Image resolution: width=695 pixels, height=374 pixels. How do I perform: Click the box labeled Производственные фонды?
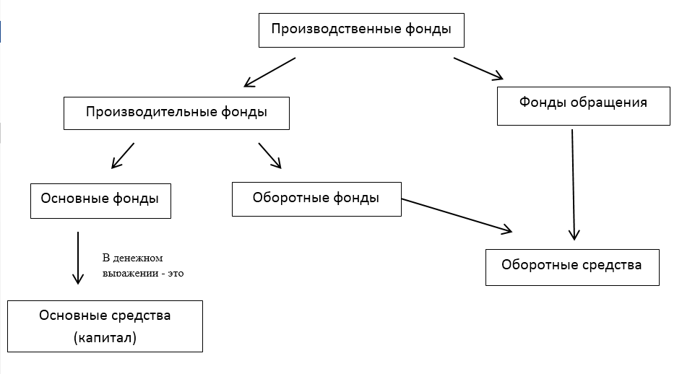coord(361,30)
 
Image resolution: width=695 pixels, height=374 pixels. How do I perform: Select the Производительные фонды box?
coord(176,113)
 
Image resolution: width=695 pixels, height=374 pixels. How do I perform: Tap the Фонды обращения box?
coord(583,106)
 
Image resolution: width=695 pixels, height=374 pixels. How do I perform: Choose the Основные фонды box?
coord(100,201)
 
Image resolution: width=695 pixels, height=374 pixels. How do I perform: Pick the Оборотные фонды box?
coord(316,199)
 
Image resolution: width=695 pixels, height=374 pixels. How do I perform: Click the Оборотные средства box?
coord(572,267)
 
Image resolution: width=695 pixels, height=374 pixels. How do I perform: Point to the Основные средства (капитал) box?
coord(105,326)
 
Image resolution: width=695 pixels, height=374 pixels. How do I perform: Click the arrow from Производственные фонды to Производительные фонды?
coord(269,71)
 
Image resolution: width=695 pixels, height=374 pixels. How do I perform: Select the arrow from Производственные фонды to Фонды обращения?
coord(478,69)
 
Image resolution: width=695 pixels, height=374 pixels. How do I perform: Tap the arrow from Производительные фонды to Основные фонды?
coord(123,155)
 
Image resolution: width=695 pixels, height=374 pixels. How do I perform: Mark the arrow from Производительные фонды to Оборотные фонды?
coord(270,155)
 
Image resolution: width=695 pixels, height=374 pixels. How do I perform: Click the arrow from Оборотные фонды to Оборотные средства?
coord(457,215)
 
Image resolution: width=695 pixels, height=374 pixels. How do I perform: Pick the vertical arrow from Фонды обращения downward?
coord(573,184)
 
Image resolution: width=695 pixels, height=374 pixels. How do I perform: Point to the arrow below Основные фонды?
coord(78,258)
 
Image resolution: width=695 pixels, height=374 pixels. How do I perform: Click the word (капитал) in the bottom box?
coord(105,338)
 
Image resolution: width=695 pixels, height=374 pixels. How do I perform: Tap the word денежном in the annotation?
coord(138,258)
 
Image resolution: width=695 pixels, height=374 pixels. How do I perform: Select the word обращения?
coord(608,103)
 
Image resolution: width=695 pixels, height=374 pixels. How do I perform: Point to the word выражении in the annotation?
coord(130,274)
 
